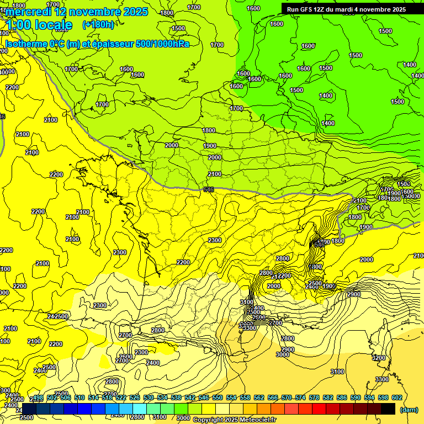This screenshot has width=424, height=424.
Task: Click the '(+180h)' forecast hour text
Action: (98, 24)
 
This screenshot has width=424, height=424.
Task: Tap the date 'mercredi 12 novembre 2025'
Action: (77, 12)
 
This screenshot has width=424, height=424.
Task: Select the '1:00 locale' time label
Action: (39, 25)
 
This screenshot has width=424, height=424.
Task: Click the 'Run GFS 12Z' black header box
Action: (346, 9)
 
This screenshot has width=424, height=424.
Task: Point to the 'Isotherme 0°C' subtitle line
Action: (97, 44)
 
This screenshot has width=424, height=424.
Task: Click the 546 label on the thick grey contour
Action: (209, 189)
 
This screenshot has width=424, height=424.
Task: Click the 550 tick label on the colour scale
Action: (216, 398)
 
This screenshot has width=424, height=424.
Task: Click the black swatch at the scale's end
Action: (388, 409)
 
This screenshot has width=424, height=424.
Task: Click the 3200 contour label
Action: (379, 358)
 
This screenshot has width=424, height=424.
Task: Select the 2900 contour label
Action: (354, 295)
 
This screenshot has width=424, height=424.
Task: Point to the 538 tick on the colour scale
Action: (176, 398)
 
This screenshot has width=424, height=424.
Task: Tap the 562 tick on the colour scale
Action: (258, 398)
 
